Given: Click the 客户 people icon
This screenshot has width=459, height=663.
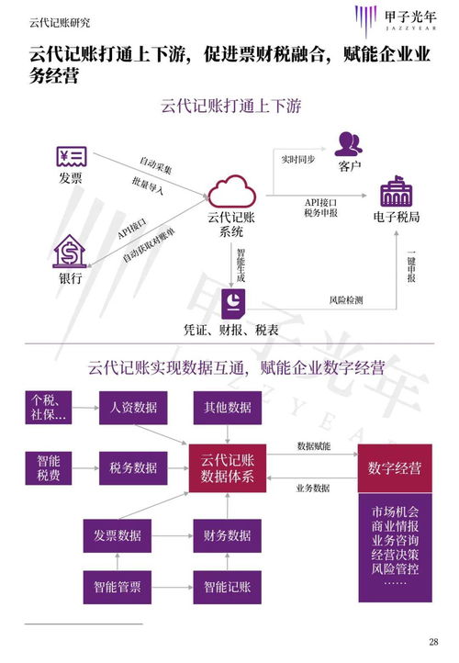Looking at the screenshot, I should click(348, 143).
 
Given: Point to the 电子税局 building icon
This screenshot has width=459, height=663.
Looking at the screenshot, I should click(397, 193).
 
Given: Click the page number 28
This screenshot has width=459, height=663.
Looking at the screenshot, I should click(433, 642).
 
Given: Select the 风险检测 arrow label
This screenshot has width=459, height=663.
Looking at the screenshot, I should click(345, 299).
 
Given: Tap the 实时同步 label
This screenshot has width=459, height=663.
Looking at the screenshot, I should click(298, 159).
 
